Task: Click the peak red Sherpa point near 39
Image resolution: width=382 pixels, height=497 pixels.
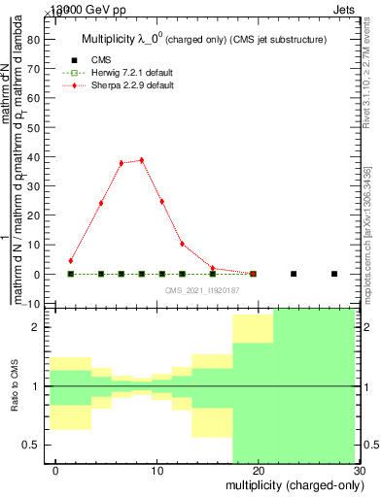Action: click(142, 160)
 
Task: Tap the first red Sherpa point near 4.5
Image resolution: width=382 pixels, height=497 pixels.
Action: click(71, 260)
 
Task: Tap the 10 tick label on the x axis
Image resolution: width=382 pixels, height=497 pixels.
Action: click(156, 473)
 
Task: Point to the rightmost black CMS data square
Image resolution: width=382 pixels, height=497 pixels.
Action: click(334, 274)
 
